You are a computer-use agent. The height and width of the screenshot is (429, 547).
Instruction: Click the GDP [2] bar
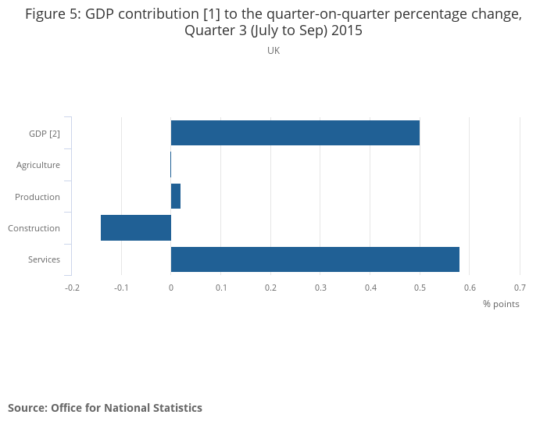point(295,133)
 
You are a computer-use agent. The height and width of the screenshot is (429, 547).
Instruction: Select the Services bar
point(315,259)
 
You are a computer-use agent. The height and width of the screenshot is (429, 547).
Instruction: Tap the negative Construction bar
point(136,227)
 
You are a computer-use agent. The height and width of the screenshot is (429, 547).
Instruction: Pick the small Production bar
point(176,196)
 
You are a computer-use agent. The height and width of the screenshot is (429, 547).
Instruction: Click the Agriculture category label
point(38,165)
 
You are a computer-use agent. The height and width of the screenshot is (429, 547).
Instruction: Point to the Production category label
point(38,196)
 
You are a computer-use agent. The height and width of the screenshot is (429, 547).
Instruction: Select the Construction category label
point(34,228)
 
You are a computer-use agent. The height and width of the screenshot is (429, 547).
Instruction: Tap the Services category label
point(44,259)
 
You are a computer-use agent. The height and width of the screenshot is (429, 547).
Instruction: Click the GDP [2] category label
point(45,134)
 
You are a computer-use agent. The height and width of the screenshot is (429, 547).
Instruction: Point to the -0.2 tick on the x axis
point(72,288)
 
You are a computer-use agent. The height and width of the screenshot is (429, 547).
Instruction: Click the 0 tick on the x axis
point(171,288)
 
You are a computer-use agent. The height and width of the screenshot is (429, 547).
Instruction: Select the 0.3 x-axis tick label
point(320,288)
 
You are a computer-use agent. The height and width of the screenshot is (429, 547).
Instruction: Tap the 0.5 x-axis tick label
point(420,288)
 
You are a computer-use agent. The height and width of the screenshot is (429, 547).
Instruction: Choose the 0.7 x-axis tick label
point(520,288)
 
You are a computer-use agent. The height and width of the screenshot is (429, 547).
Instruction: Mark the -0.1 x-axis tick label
point(121,288)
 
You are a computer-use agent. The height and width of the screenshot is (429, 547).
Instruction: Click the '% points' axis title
point(501,304)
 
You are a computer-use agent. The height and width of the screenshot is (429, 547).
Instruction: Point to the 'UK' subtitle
point(273,51)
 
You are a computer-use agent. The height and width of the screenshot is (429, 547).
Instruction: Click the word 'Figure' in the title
point(46,14)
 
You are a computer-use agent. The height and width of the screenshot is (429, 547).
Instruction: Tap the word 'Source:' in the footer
point(27,408)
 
